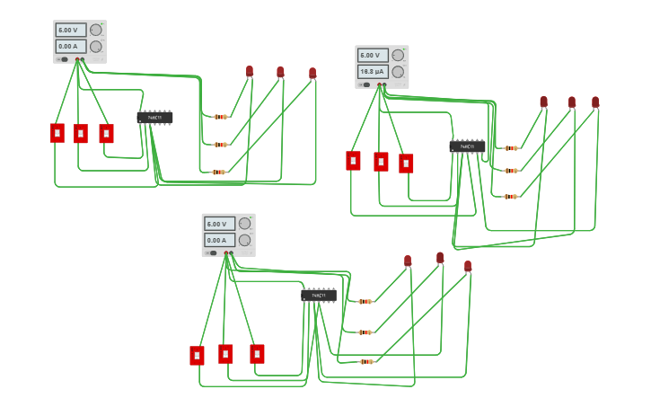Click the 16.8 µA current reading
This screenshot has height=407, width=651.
click(372, 71)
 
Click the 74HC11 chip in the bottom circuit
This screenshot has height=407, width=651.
click(319, 295)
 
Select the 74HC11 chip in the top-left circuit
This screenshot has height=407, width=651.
click(154, 118)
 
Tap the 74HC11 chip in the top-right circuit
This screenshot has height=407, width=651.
click(467, 146)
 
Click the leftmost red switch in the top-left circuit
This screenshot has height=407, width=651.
click(57, 133)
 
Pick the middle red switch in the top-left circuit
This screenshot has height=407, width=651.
click(81, 134)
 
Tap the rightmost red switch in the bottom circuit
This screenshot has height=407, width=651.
click(257, 354)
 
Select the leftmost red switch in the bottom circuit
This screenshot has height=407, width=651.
click(197, 356)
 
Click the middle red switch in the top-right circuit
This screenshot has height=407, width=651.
click(381, 162)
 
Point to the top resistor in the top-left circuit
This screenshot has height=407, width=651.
click(220, 117)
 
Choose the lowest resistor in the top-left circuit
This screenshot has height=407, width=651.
click(218, 172)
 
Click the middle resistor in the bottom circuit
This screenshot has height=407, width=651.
click(365, 332)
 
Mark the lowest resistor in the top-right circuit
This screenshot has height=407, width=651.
click(510, 196)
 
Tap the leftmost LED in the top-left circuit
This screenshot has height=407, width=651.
click(250, 71)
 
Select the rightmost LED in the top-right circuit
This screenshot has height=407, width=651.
click(595, 102)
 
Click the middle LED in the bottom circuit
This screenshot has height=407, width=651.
click(440, 258)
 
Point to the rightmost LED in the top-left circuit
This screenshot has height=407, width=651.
click(312, 73)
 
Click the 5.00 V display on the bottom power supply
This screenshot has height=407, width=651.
click(219, 224)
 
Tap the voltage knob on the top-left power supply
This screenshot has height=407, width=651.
click(95, 30)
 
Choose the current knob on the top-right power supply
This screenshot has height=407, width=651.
click(397, 71)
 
